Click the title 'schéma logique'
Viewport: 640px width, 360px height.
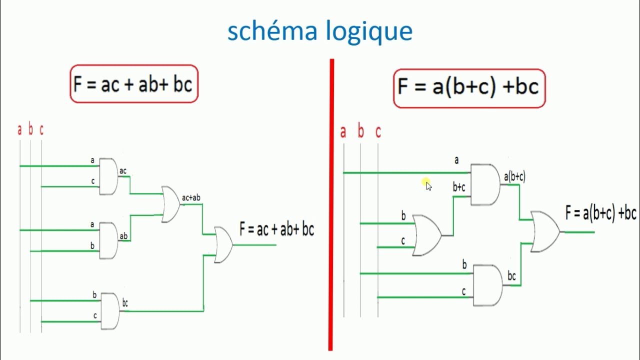point(320,31)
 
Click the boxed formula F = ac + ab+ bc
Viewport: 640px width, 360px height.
point(133,84)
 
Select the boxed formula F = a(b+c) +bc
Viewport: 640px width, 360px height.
point(468,88)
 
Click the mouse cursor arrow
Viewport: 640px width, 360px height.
point(428,186)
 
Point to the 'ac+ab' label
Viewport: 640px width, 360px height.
point(191,198)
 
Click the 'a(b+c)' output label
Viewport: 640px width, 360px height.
point(514,176)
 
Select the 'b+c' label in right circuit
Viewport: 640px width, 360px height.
point(459,187)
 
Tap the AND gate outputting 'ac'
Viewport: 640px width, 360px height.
point(108,176)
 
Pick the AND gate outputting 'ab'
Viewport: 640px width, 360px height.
point(108,240)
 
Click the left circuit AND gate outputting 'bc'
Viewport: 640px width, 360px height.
point(110,311)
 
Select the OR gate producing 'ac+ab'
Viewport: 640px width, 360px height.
point(170,204)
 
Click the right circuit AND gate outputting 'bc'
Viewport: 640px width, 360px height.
point(487,285)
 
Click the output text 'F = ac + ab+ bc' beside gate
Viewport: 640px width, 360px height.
point(276,229)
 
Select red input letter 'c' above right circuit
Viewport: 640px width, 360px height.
point(378,132)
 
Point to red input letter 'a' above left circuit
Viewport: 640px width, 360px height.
point(20,130)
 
